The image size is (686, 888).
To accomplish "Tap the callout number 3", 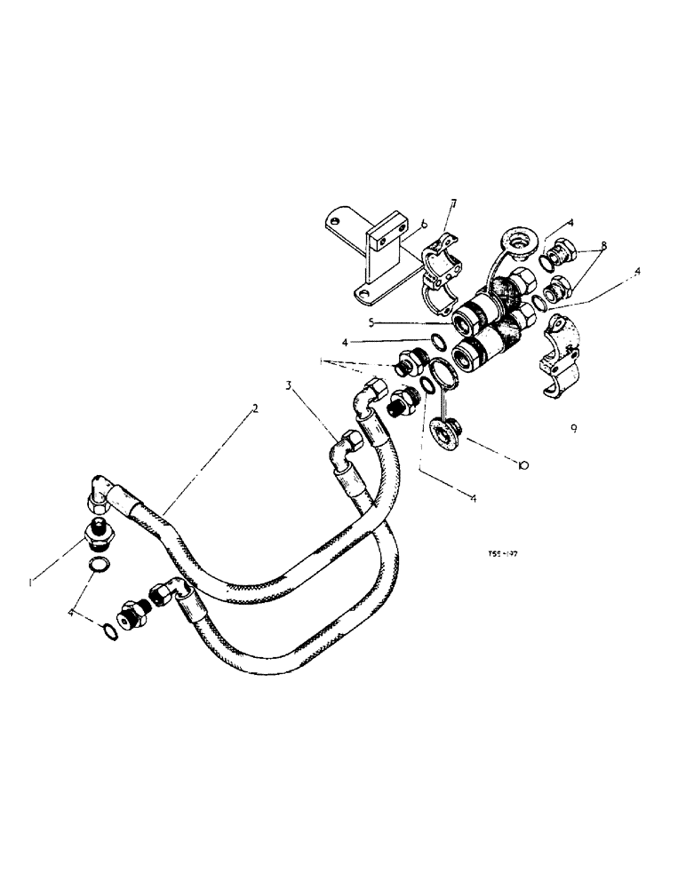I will [x=289, y=385].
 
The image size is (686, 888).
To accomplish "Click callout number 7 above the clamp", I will [x=453, y=205].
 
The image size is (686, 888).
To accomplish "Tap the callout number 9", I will [x=574, y=427].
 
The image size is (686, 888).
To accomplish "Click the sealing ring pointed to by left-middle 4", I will [x=435, y=343].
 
